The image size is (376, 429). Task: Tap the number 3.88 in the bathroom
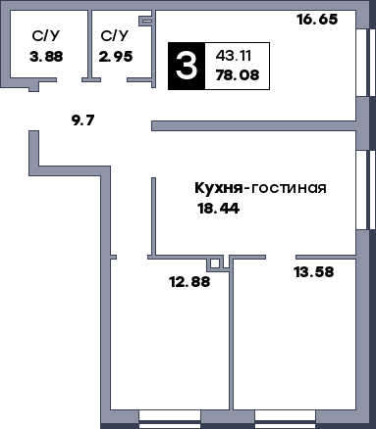[46, 56]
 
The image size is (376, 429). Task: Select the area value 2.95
[115, 56]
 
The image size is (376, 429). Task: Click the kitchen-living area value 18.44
[220, 208]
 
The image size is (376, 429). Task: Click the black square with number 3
[183, 66]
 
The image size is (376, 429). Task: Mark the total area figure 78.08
[232, 76]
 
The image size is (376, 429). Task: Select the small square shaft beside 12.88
[214, 263]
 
